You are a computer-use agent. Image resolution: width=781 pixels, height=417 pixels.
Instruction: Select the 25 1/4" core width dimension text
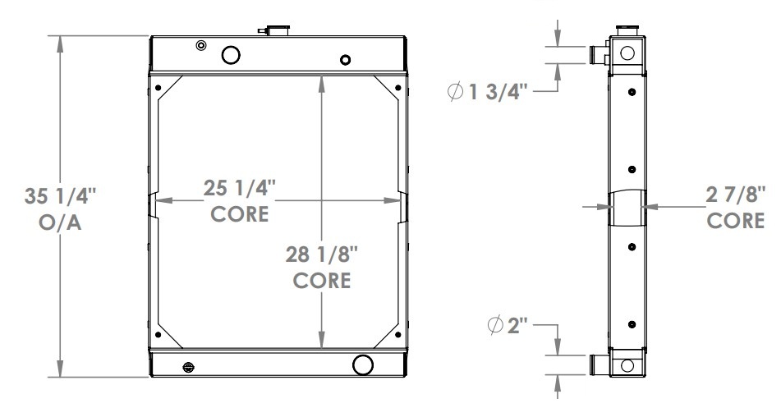click(239, 189)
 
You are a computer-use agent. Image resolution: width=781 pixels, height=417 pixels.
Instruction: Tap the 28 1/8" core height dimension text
click(323, 254)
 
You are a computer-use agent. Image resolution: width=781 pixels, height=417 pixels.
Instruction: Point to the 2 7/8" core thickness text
click(737, 196)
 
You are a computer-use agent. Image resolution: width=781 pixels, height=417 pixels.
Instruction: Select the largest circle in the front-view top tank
click(232, 55)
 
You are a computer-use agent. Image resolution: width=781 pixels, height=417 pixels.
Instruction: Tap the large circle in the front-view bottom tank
click(361, 364)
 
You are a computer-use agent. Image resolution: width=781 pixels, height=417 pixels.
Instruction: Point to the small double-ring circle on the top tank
click(201, 45)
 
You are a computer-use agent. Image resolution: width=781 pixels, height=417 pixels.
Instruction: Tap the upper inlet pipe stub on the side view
click(597, 55)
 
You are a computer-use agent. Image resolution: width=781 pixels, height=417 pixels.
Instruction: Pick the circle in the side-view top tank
click(627, 53)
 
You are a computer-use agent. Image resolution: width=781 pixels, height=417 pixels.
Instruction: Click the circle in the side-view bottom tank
click(627, 364)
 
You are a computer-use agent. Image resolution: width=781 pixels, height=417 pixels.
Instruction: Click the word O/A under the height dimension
click(62, 225)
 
